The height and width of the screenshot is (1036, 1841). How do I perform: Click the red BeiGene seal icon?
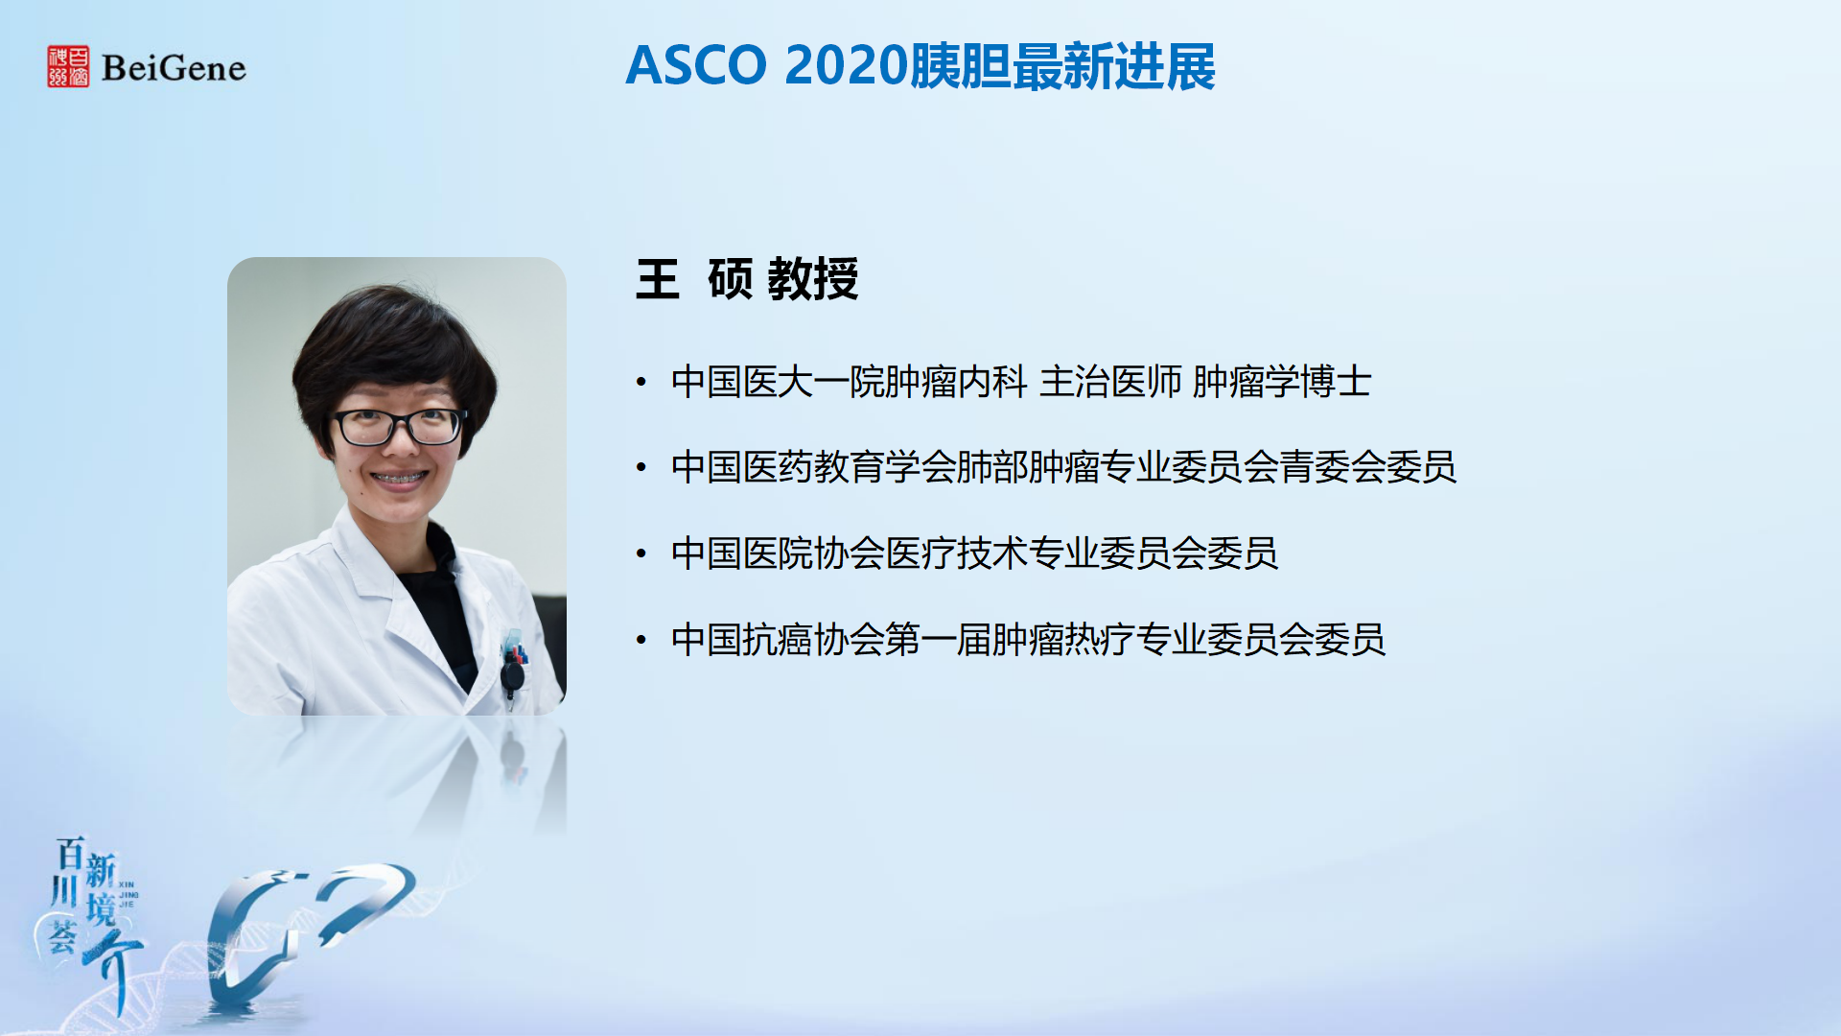click(68, 66)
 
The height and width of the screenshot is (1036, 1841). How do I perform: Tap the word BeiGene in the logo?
click(174, 68)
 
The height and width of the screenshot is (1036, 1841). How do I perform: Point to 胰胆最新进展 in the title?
click(1061, 66)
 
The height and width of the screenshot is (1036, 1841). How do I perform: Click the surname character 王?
click(658, 279)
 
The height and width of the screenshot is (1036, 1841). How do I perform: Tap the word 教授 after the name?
click(813, 279)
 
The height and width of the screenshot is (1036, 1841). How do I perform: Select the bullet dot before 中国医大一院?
click(641, 383)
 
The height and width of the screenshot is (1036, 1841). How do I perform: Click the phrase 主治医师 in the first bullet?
click(1110, 382)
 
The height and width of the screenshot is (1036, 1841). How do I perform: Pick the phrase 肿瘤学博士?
click(1282, 382)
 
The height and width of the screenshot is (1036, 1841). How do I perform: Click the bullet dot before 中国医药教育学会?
click(641, 468)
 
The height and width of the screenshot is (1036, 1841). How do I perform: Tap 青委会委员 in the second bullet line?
click(1368, 467)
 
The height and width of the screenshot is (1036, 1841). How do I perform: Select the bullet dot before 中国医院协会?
click(641, 553)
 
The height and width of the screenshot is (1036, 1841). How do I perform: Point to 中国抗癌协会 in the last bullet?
click(778, 639)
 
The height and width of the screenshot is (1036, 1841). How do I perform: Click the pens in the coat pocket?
click(515, 649)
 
